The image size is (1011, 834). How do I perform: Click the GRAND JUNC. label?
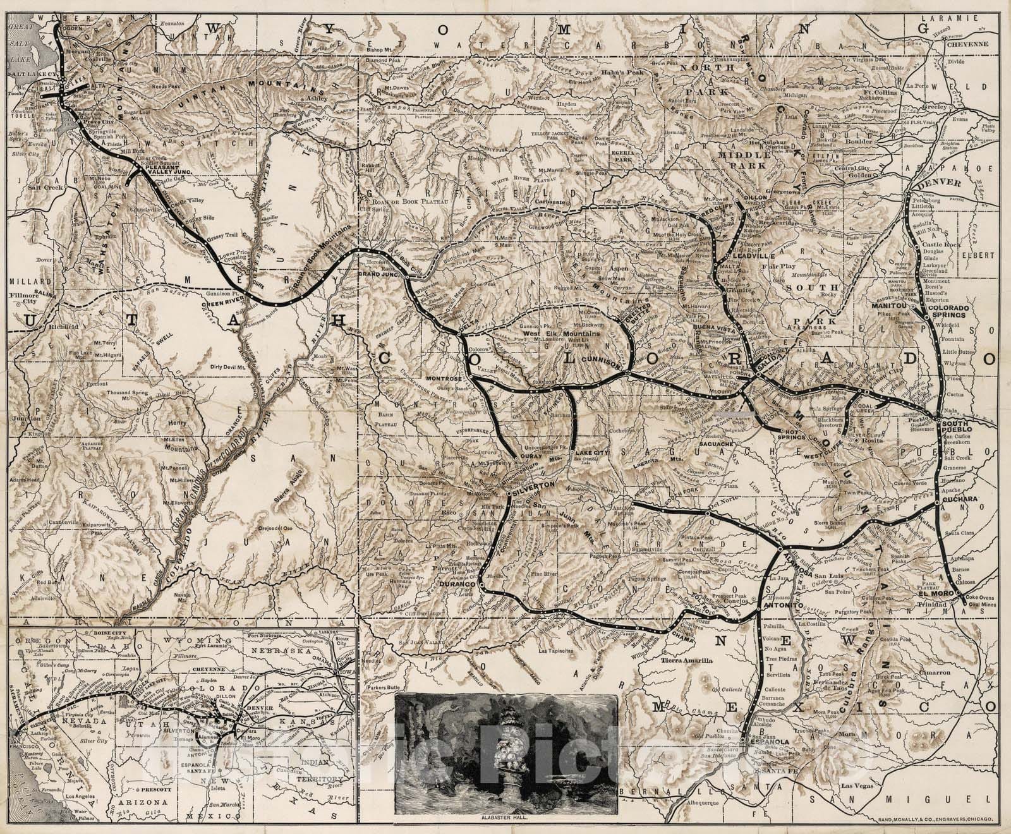[377, 275]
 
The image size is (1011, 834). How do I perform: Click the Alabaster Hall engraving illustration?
[505, 751]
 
